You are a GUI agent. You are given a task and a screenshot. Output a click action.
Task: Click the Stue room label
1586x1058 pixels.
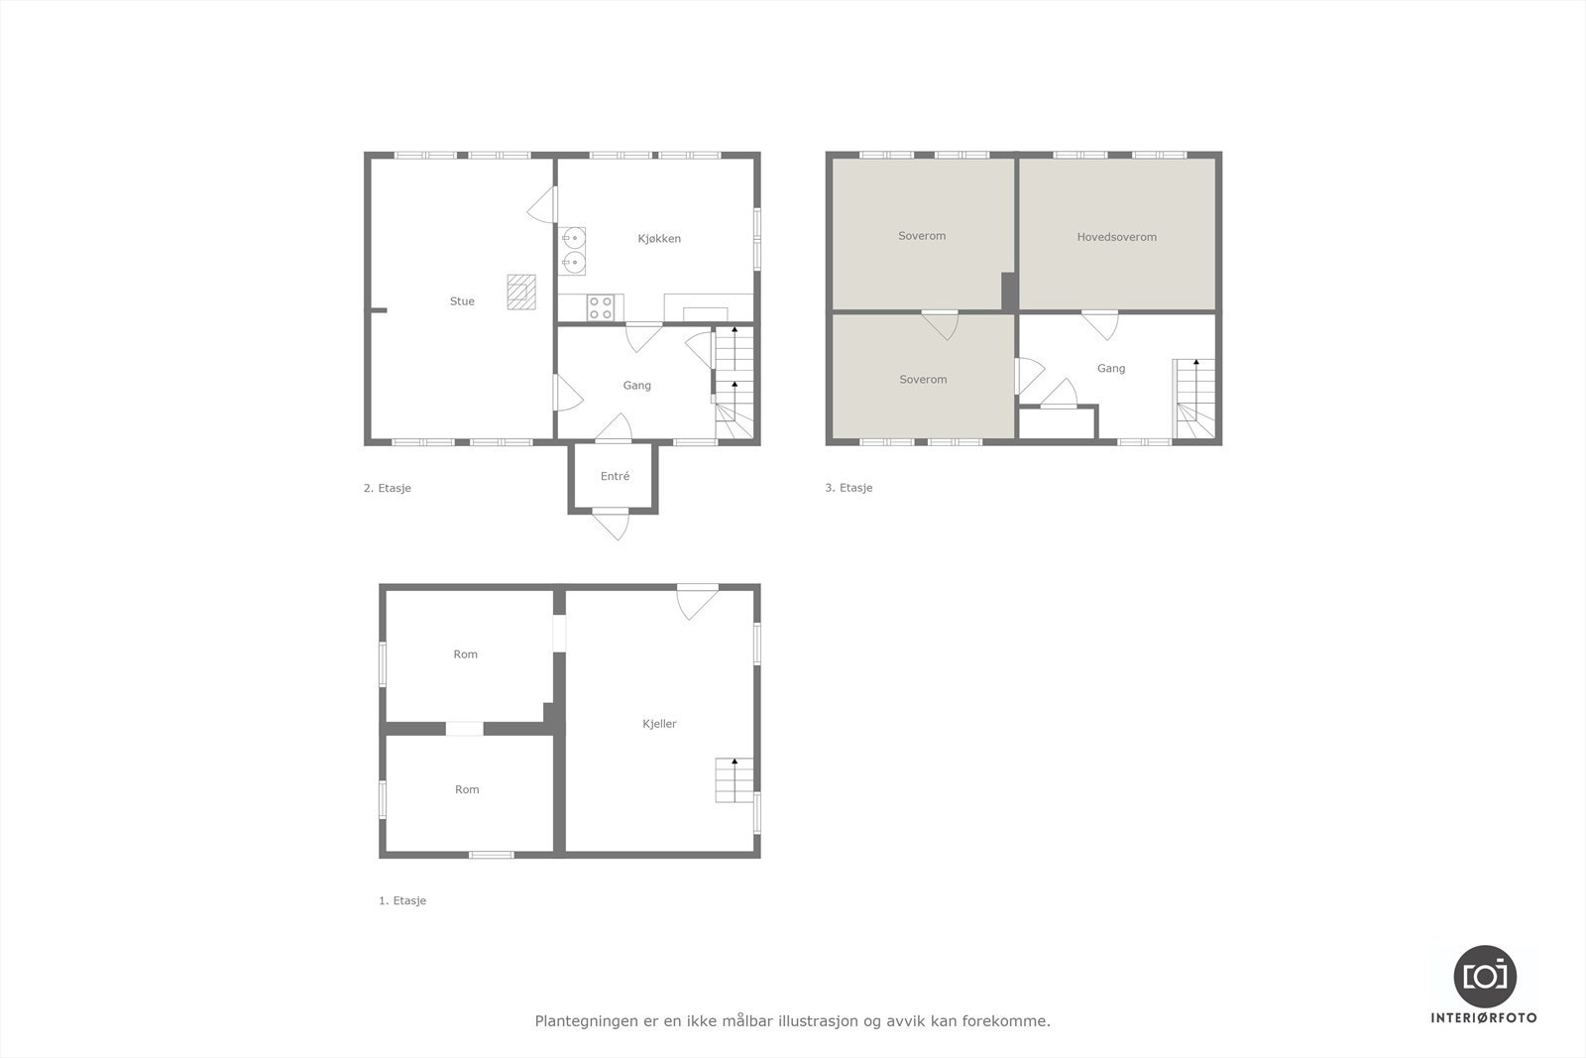pyautogui.click(x=462, y=301)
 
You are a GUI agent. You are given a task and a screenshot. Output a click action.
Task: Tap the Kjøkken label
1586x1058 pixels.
pyautogui.click(x=659, y=239)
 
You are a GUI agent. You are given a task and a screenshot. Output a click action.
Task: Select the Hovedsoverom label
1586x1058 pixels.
pyautogui.click(x=1116, y=237)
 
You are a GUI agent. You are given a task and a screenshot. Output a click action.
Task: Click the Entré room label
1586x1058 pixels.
pyautogui.click(x=615, y=476)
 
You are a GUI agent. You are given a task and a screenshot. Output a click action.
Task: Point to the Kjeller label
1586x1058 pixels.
pyautogui.click(x=659, y=724)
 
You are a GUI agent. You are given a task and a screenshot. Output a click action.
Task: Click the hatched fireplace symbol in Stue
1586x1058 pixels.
pyautogui.click(x=521, y=292)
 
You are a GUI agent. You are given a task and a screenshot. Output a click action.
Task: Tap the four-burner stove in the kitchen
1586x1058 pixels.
pyautogui.click(x=601, y=307)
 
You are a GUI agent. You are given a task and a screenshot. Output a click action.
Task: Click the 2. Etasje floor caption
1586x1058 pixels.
pyautogui.click(x=387, y=488)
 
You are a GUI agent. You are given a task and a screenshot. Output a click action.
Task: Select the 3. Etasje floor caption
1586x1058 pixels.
pyautogui.click(x=849, y=488)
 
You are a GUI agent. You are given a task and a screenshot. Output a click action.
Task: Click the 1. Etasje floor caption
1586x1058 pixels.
pyautogui.click(x=402, y=901)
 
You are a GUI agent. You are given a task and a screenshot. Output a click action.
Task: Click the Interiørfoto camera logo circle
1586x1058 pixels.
pyautogui.click(x=1484, y=976)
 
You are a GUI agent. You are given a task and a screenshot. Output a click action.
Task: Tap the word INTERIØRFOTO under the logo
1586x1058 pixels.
pyautogui.click(x=1484, y=1018)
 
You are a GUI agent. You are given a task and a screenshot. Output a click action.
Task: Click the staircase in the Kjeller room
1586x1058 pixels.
pyautogui.click(x=734, y=780)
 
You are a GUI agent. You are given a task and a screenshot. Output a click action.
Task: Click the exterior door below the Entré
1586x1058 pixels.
pyautogui.click(x=612, y=523)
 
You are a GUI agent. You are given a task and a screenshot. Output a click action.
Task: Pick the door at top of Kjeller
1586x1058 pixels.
pyautogui.click(x=697, y=600)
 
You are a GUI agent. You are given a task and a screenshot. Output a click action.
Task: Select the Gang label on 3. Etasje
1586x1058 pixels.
pyautogui.click(x=1110, y=369)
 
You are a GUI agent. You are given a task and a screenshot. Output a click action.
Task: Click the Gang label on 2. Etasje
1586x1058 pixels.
pyautogui.click(x=636, y=386)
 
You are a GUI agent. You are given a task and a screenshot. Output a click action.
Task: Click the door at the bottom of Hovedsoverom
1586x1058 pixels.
pyautogui.click(x=1099, y=323)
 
